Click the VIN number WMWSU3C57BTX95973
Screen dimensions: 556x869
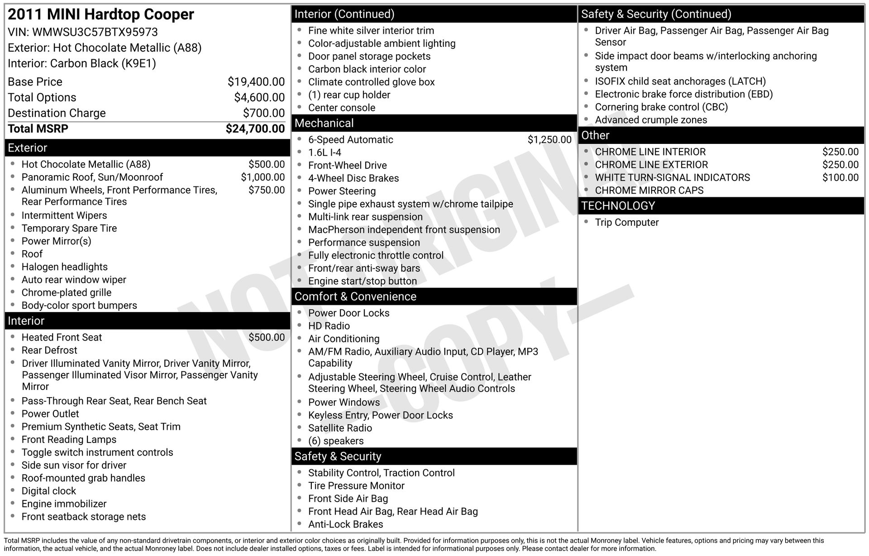(x=95, y=32)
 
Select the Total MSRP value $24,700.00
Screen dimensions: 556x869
(x=255, y=129)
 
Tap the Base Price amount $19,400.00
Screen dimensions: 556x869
(x=256, y=82)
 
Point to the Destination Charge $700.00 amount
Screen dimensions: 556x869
(x=264, y=113)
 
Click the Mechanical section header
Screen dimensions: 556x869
(x=324, y=123)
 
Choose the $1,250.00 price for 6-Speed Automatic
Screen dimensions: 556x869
(x=549, y=140)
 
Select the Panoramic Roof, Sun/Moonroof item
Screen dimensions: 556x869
(x=92, y=177)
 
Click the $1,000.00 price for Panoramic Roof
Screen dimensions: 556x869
(x=263, y=177)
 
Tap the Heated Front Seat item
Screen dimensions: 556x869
(x=62, y=337)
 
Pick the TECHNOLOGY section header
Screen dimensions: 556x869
(x=618, y=206)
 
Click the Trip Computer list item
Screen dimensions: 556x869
(x=626, y=223)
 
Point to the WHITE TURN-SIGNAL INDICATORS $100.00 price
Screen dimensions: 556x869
(x=840, y=178)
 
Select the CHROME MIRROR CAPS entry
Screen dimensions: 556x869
(x=649, y=190)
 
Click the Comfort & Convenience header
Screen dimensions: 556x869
(x=355, y=297)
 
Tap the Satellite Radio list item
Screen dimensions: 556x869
(x=340, y=428)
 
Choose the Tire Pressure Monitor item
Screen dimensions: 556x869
(x=356, y=486)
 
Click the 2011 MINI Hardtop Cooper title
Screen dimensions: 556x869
(x=101, y=14)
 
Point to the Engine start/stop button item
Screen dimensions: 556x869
(x=363, y=281)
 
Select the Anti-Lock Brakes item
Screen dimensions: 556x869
(x=345, y=524)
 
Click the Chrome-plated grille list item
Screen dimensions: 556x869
(x=67, y=293)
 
